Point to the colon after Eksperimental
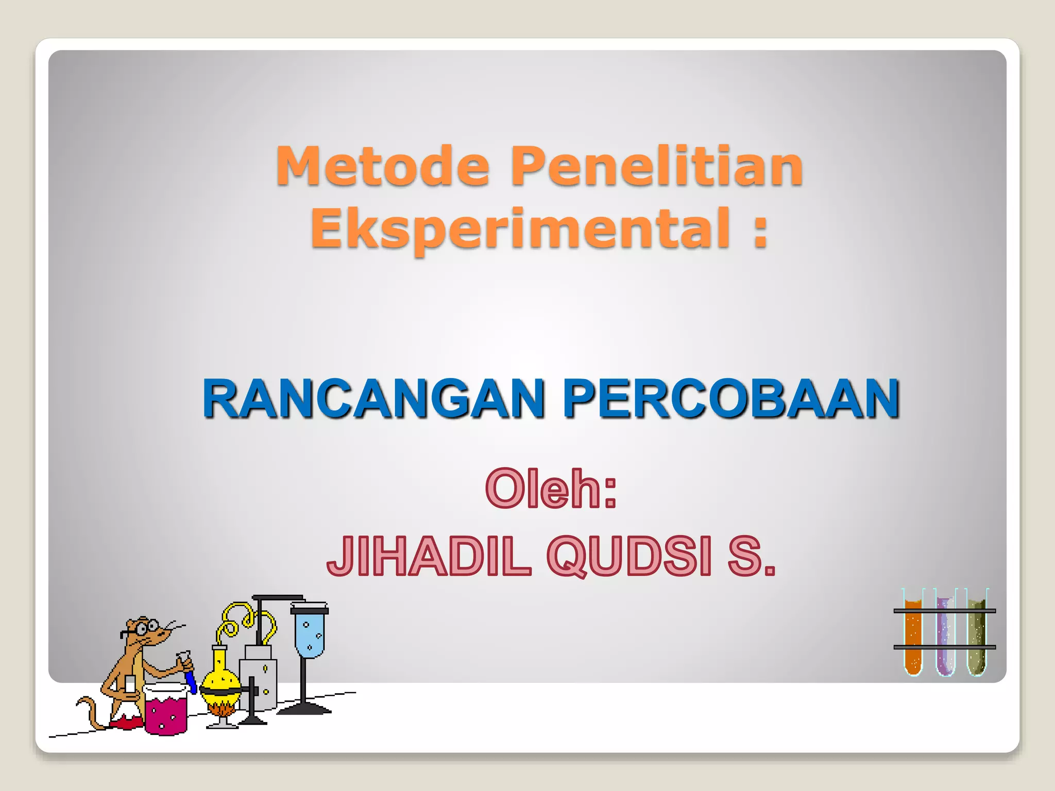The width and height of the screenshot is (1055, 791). click(x=760, y=230)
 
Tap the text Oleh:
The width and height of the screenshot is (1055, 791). click(x=551, y=489)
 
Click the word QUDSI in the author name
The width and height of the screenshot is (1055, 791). click(x=629, y=556)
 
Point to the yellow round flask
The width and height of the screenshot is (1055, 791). click(x=220, y=680)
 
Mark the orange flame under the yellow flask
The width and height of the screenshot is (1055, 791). click(x=222, y=710)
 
